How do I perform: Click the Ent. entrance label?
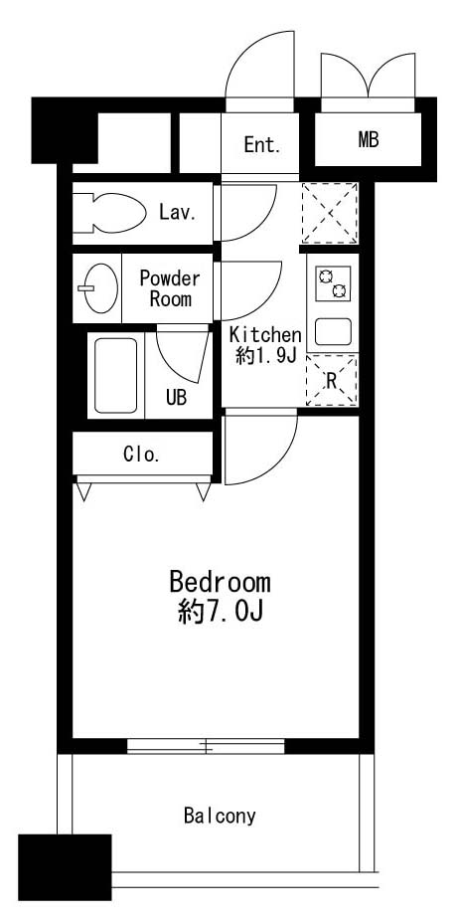click(x=262, y=145)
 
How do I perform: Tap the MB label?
click(x=369, y=140)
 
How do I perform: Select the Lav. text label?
click(x=176, y=212)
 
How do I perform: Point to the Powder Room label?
click(x=169, y=288)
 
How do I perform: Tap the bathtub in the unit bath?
click(x=115, y=375)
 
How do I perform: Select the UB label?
click(x=176, y=398)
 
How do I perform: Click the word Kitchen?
click(x=264, y=334)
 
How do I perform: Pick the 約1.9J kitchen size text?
click(x=265, y=356)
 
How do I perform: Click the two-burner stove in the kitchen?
click(x=332, y=282)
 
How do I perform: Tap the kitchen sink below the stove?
click(x=332, y=331)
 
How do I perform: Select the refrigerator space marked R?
click(x=331, y=381)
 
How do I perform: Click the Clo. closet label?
click(x=141, y=456)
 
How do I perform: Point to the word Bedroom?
click(x=220, y=582)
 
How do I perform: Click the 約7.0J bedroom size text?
click(x=220, y=612)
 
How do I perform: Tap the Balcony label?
click(x=220, y=817)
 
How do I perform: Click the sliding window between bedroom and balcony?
click(x=207, y=745)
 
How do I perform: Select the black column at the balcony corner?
click(x=65, y=867)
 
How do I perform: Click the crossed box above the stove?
click(x=331, y=213)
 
